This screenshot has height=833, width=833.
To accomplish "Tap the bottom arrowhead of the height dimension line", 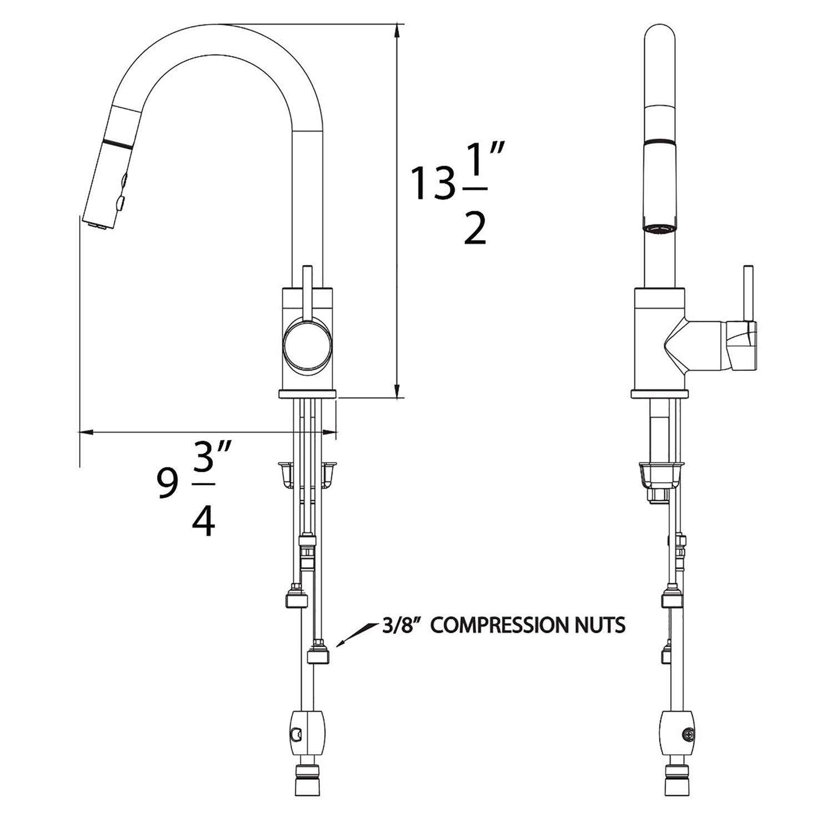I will (x=397, y=391).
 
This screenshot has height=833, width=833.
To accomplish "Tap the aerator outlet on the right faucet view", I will (x=660, y=228).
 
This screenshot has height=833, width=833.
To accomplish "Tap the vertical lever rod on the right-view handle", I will (x=748, y=294).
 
